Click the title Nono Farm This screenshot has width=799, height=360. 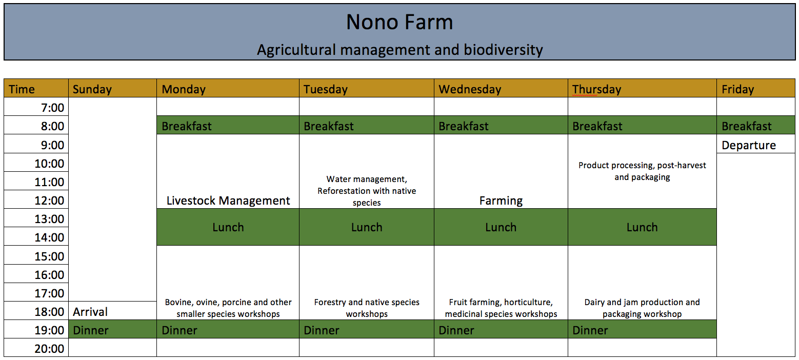tap(399, 22)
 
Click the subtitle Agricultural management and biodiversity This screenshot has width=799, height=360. tap(400, 50)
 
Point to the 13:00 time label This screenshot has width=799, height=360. tap(49, 218)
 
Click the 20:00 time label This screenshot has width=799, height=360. tap(49, 349)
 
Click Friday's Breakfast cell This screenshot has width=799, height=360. tap(756, 125)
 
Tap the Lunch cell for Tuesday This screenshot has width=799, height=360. tap(367, 227)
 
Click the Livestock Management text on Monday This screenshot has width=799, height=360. tap(228, 201)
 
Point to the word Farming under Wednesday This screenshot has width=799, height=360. tap(501, 201)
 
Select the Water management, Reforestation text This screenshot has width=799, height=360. tap(367, 191)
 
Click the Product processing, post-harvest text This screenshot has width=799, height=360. tap(642, 171)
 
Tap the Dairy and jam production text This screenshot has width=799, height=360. tap(642, 308)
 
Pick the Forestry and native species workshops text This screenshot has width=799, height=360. tap(367, 308)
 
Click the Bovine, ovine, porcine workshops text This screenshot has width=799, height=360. tap(228, 308)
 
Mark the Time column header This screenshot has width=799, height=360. tap(22, 89)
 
